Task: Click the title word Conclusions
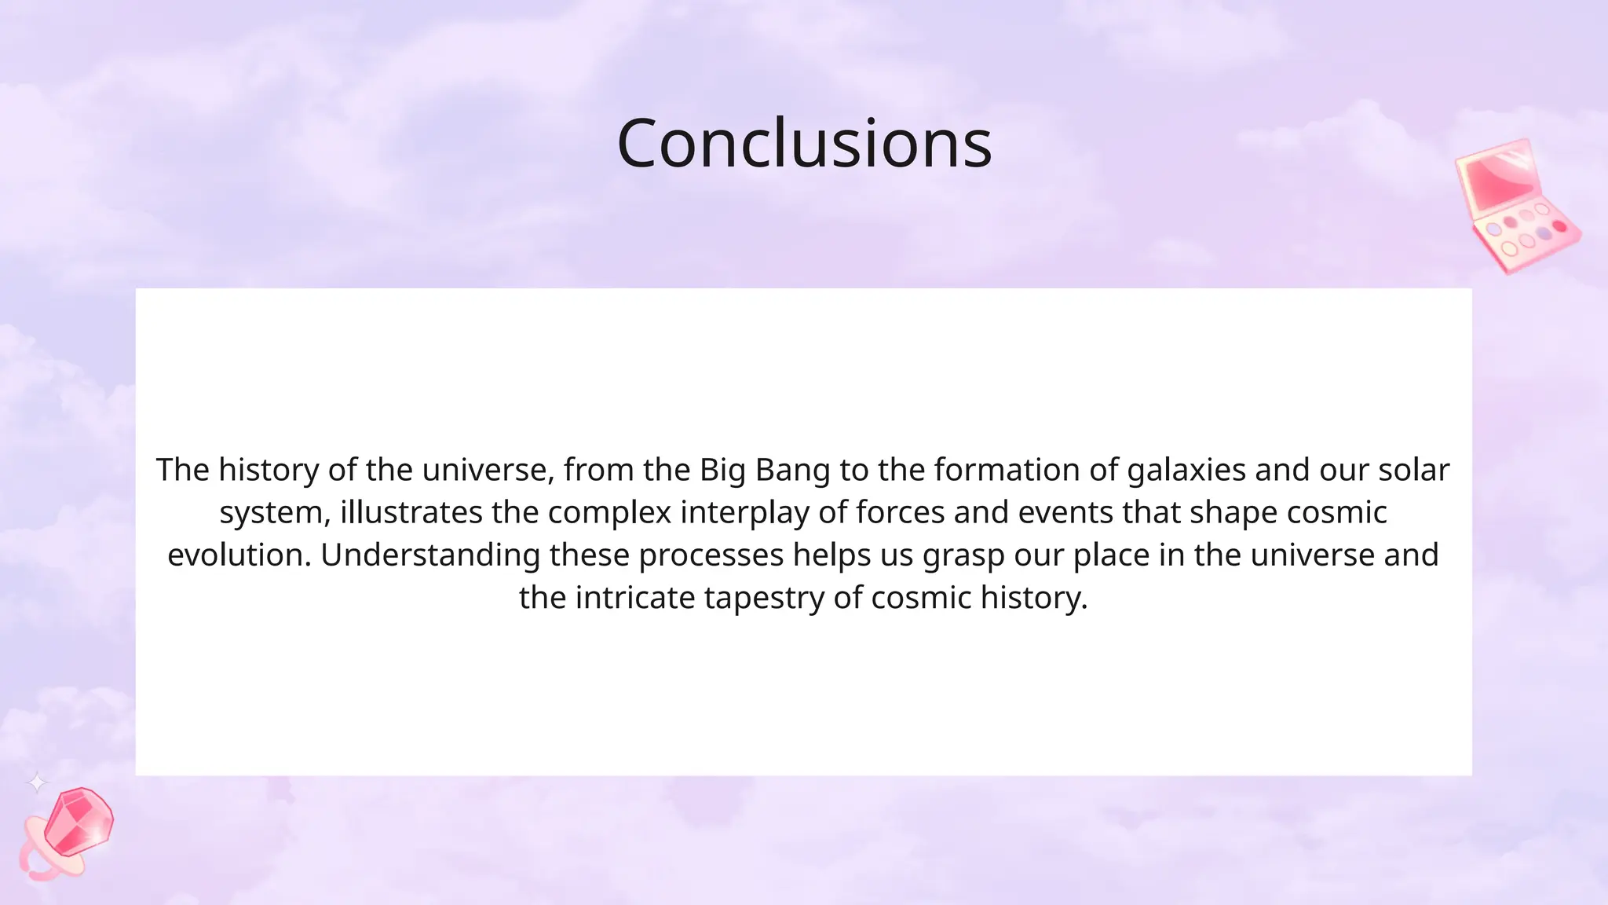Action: click(804, 144)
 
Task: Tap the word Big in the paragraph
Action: click(722, 470)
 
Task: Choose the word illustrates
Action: click(411, 512)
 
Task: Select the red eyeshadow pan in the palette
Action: click(1559, 226)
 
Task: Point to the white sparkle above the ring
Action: click(37, 782)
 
